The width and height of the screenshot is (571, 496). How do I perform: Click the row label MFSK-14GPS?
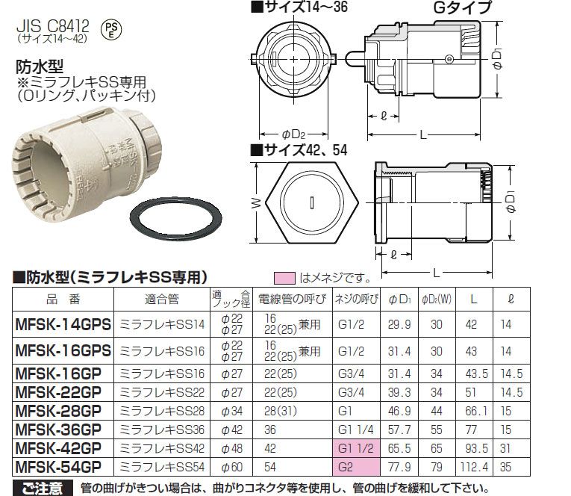pos(63,324)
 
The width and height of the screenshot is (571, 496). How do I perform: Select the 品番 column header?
pos(62,299)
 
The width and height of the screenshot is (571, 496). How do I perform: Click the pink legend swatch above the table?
pos(286,278)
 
